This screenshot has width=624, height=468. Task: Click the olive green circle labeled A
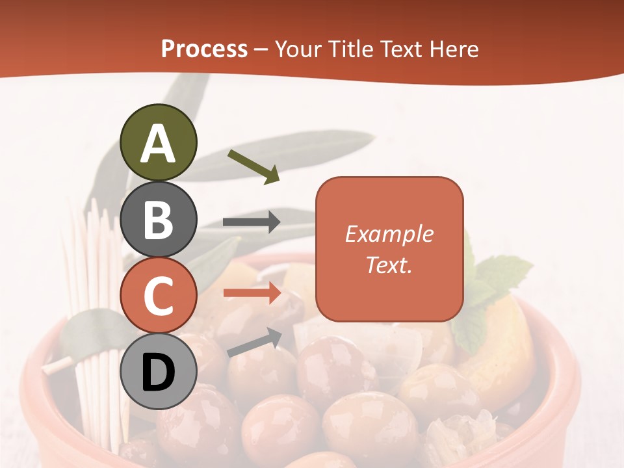158,142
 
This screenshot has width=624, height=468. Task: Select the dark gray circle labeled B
158,219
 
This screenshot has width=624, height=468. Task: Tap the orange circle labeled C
158,296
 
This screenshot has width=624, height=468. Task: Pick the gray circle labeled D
158,372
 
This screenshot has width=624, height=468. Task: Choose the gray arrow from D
253,342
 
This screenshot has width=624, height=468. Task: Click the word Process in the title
204,49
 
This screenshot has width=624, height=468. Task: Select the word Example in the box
389,234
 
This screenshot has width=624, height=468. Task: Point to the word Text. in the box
389,265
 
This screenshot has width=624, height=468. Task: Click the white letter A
158,144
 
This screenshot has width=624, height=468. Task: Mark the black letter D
158,373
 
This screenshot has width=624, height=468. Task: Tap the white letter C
158,296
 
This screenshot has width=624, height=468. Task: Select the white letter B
158,220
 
